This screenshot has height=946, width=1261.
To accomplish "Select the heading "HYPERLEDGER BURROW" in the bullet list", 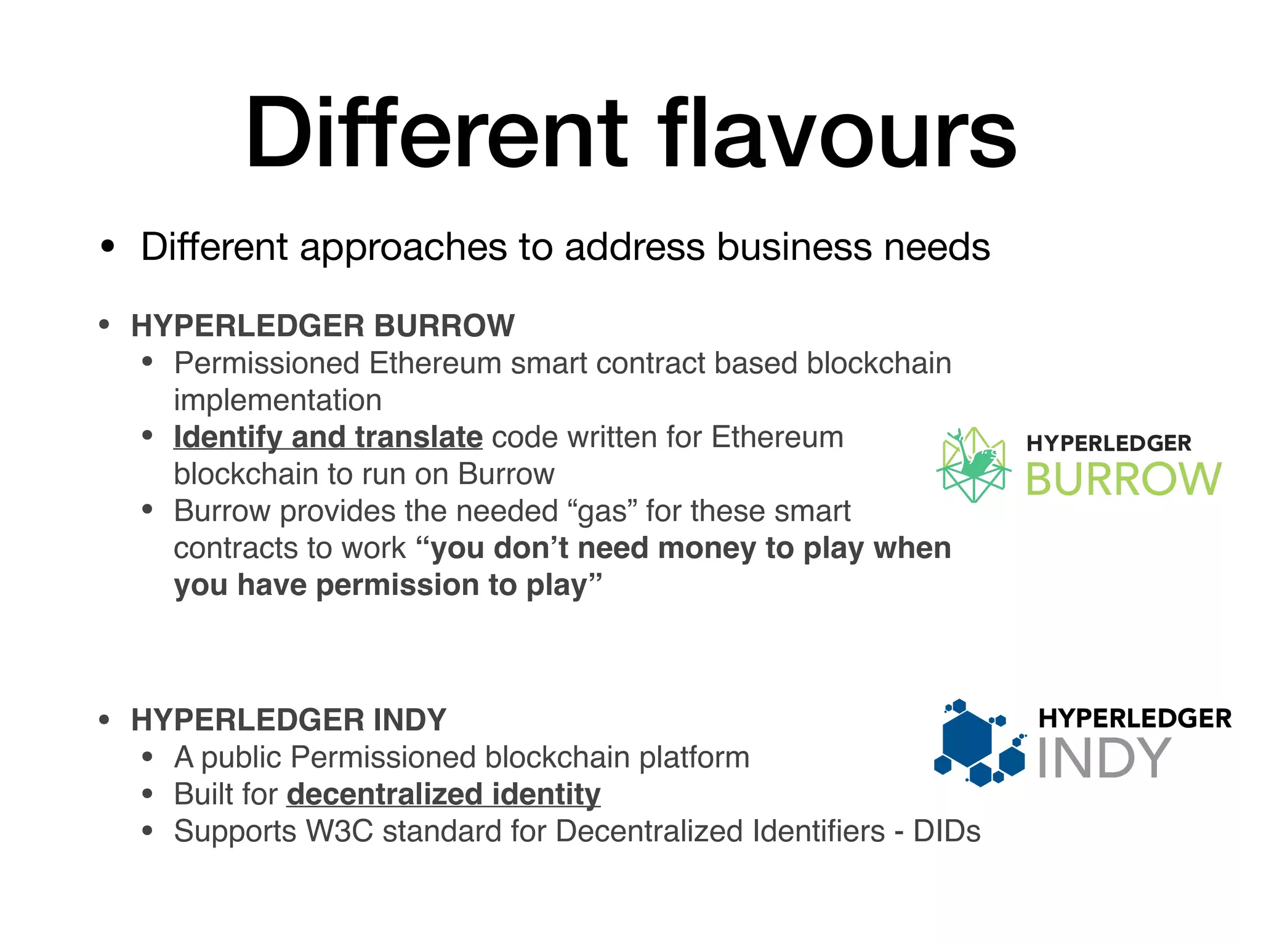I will (323, 326).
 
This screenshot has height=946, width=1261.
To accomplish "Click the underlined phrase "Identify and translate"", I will (328, 437).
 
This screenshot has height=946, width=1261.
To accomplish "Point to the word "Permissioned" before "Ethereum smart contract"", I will (267, 363).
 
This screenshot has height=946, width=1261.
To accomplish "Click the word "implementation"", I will (278, 400).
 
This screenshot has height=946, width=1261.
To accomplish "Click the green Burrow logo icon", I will (973, 465).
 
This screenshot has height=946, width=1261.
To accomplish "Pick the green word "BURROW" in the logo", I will (1123, 479).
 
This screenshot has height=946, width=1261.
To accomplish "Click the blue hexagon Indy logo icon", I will (979, 743).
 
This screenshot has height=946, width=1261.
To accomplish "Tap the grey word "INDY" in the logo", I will (1103, 758).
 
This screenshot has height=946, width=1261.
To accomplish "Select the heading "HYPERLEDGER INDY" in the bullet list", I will (288, 720).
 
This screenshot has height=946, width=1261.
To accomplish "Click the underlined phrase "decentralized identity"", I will (443, 794).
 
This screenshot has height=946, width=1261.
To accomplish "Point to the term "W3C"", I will (340, 831).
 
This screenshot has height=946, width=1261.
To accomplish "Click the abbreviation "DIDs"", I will (946, 831).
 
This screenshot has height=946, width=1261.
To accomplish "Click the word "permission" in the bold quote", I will (397, 585).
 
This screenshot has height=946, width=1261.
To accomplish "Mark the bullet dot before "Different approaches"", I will (108, 248).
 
